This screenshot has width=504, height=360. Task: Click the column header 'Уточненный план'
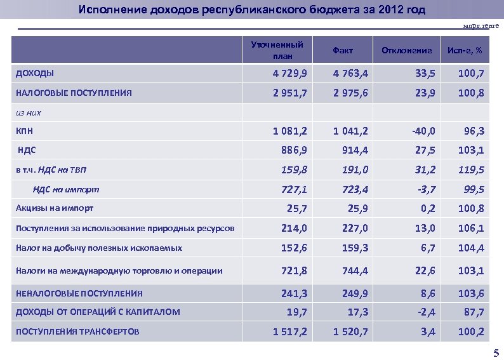[277, 50]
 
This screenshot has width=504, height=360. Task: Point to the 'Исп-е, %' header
[464, 50]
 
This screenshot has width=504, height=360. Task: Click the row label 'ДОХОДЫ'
[35, 73]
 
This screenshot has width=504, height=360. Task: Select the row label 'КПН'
[25, 131]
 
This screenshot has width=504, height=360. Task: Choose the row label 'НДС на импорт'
[67, 189]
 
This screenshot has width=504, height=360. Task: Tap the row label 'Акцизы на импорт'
[55, 208]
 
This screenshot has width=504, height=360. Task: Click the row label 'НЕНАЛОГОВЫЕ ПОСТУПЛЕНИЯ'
[79, 293]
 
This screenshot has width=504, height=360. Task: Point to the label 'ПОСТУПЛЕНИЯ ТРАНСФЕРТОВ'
[77, 331]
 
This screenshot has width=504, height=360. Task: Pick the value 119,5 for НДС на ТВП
[472, 170]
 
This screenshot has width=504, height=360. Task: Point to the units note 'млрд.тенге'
[481, 25]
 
